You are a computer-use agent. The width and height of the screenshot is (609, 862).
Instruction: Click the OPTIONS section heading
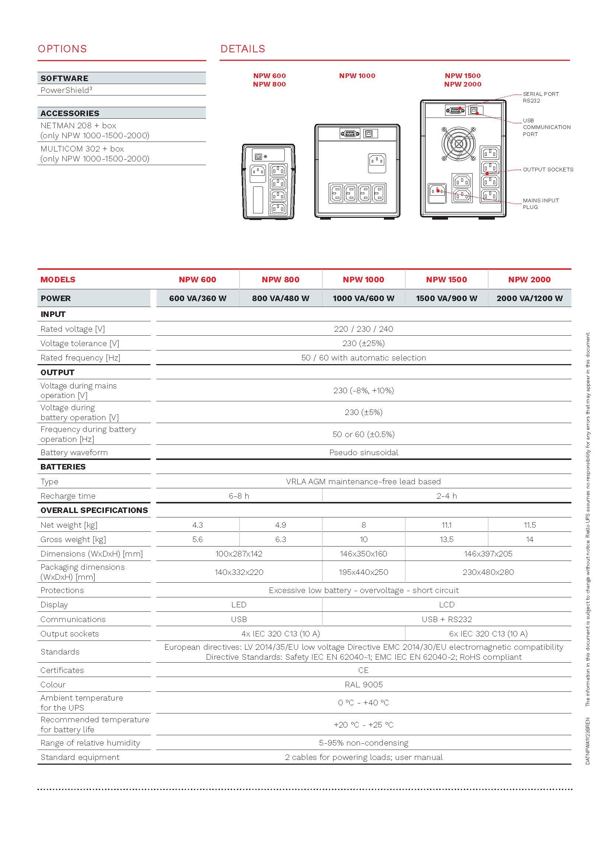point(62,49)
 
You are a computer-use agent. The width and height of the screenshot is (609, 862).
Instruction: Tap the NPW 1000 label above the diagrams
point(357,76)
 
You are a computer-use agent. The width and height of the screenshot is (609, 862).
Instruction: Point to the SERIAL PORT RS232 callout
point(541,97)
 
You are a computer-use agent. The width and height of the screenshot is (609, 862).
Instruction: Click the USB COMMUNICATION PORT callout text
point(546,127)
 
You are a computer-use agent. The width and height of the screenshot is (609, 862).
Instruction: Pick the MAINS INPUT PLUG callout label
point(541,204)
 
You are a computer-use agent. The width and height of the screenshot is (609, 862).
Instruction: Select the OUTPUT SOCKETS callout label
point(548,170)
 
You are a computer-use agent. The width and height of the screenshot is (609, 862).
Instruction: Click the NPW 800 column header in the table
point(280,280)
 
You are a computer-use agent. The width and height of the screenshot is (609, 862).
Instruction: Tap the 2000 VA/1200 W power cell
point(529,299)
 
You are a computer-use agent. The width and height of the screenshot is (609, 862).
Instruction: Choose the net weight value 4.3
point(197,525)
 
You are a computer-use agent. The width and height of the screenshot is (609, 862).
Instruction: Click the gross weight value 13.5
point(446,540)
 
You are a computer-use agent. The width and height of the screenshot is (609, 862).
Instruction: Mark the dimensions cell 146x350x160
point(363,554)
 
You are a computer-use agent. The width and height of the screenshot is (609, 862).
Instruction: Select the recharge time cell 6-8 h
point(239,496)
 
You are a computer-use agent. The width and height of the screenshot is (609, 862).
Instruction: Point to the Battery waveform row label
point(74,453)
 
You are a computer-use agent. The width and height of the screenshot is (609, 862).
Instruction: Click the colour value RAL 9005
point(363,685)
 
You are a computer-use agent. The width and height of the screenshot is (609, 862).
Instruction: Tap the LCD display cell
point(446,605)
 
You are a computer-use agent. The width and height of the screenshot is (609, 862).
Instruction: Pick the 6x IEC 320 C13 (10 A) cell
point(488,634)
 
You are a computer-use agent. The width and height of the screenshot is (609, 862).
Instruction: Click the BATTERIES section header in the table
point(63,467)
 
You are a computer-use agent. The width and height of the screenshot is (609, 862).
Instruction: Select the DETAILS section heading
point(243,49)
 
